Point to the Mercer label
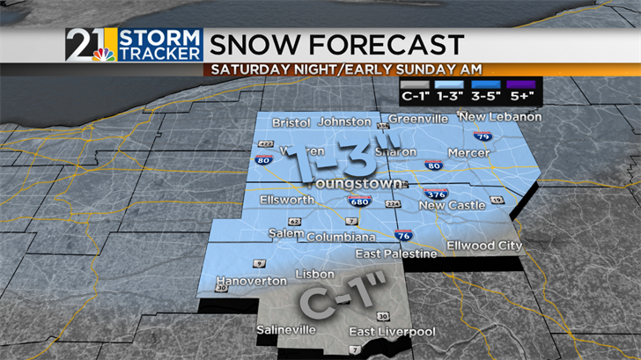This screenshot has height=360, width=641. pos(468,152)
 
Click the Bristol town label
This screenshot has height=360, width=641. pos(292,122)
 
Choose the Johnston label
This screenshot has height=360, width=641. pos(344,121)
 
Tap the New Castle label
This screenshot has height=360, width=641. pos(451,205)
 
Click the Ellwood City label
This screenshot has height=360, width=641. pos(484,246)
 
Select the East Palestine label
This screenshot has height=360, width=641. pos(395,253)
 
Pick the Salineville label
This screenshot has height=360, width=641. pos(285,330)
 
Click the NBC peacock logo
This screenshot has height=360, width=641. pos(103,55)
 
